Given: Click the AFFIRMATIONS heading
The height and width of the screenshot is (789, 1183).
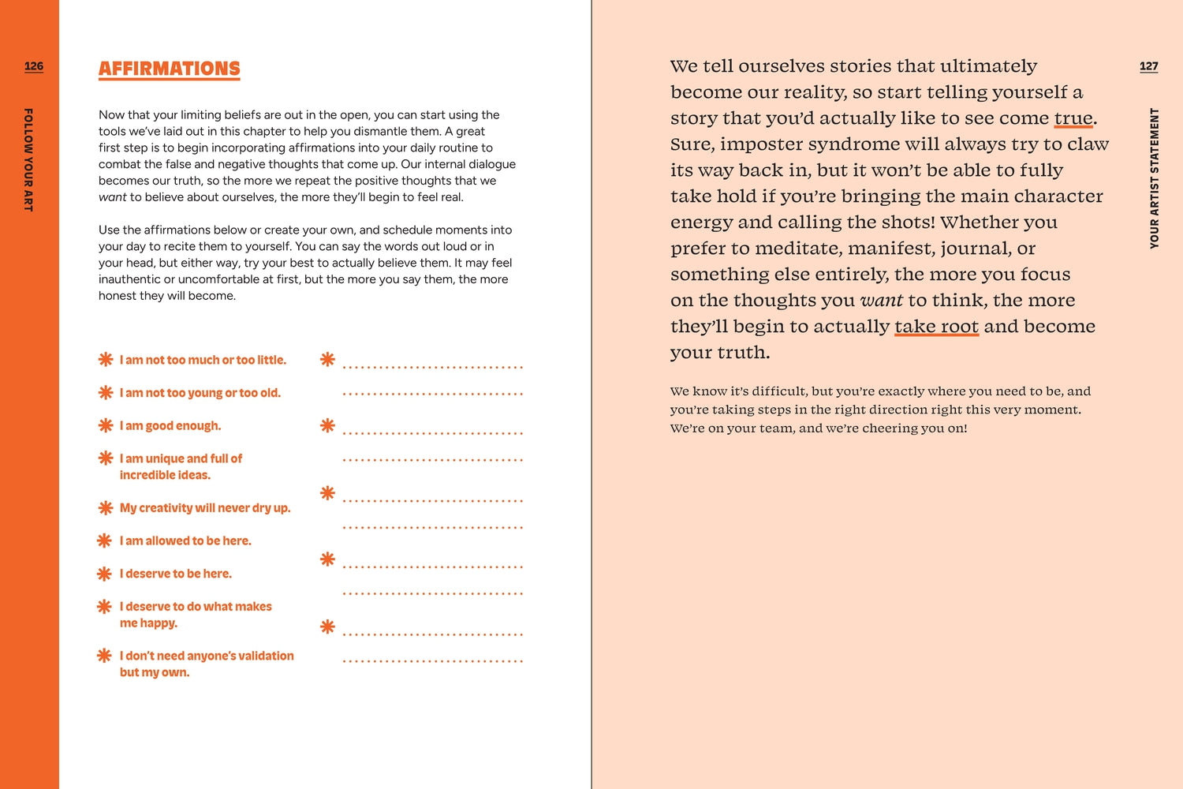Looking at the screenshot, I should click(x=169, y=69).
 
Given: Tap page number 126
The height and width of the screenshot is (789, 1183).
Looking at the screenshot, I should click(x=34, y=66).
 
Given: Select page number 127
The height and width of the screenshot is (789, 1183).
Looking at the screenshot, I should click(x=1148, y=66).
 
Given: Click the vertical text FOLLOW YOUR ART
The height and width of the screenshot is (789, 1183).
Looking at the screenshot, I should click(x=28, y=159).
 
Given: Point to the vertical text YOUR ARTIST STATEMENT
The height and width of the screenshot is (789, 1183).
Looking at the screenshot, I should click(x=1154, y=178).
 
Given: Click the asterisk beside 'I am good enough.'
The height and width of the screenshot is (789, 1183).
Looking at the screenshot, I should click(x=106, y=425).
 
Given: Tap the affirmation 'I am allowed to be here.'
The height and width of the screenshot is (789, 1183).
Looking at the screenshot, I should click(x=185, y=540).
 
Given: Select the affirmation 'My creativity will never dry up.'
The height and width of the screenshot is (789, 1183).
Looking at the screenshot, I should click(x=205, y=508).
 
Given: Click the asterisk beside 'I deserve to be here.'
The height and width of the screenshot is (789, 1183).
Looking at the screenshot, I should click(x=104, y=574).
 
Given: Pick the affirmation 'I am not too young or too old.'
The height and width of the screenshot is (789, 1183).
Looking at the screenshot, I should click(x=200, y=393).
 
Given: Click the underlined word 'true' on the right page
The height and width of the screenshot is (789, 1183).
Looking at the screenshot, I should click(x=1073, y=118).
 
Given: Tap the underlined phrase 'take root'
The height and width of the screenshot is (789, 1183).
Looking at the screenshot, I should click(x=936, y=327).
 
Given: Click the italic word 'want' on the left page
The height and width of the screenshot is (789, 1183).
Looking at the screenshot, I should click(x=112, y=197).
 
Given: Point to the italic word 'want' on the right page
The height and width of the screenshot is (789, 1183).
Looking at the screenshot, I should click(x=881, y=301).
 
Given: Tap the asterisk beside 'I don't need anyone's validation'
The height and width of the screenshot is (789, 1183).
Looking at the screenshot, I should click(x=104, y=656).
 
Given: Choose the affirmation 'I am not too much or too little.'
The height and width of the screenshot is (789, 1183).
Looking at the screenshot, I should click(x=203, y=360).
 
